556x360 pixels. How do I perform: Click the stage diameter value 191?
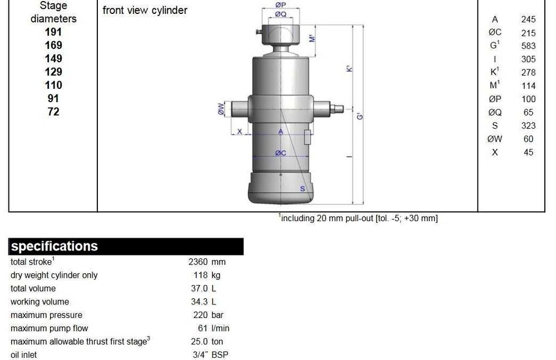pos(53,32)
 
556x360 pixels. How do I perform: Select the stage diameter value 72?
pos(53,112)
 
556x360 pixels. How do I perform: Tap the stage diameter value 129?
pos(53,72)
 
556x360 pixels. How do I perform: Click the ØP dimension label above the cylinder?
pos(280,4)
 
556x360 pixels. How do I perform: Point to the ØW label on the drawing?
pos(221,109)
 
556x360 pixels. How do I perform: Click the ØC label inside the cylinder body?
pos(280,153)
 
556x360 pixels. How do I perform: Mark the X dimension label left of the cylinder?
pos(240,132)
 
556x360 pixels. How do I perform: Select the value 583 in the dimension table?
pos(528,46)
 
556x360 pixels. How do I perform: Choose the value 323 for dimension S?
pos(528,126)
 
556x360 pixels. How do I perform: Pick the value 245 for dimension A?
pos(528,19)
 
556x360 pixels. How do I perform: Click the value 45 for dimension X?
pos(528,152)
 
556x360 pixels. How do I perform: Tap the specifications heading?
pos(54,247)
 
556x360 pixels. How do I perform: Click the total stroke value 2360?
pos(198,262)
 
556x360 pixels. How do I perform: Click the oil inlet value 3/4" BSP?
pos(210,355)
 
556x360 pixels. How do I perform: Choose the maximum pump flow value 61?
pos(202,328)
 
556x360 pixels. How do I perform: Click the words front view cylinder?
pos(145,11)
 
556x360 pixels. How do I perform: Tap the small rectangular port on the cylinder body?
pos(307,137)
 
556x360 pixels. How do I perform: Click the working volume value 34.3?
pos(199,302)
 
